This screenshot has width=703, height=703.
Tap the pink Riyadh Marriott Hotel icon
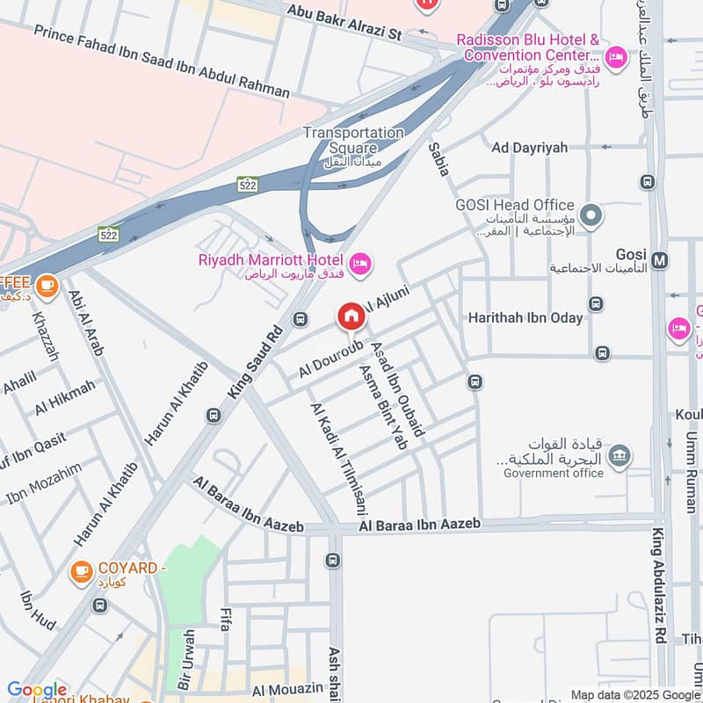click(x=360, y=263)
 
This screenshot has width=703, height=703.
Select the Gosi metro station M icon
click(x=661, y=260)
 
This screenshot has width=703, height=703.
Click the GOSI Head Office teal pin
click(x=592, y=214)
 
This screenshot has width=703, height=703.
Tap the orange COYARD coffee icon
click(x=82, y=572)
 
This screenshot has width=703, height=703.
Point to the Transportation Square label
click(x=353, y=141)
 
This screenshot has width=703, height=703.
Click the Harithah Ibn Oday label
click(x=525, y=317)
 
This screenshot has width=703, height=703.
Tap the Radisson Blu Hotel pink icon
click(x=617, y=57)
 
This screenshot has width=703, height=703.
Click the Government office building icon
click(x=620, y=454)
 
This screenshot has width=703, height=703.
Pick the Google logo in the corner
click(x=37, y=690)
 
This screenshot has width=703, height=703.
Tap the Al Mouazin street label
click(x=286, y=692)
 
